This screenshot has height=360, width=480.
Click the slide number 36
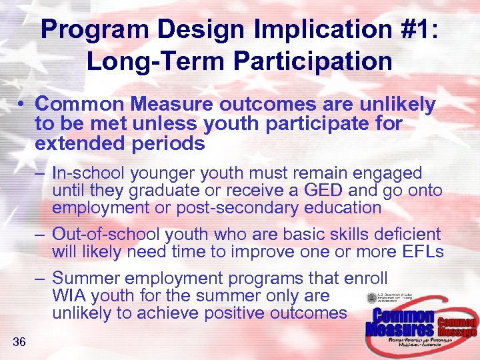tap(19, 343)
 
